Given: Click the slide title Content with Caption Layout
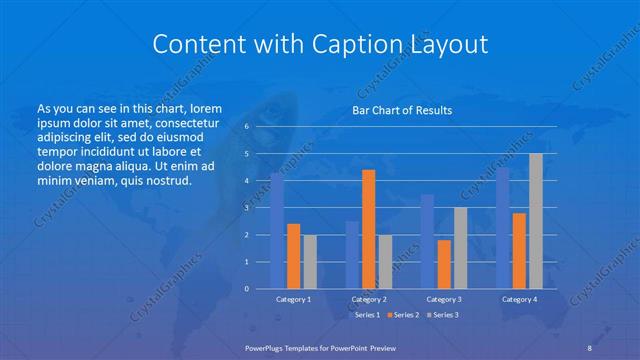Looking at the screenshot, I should pyautogui.click(x=320, y=44).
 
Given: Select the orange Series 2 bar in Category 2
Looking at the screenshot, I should pyautogui.click(x=368, y=229).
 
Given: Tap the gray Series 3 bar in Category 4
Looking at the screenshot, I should pyautogui.click(x=535, y=221).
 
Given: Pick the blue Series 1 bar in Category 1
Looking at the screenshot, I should pyautogui.click(x=277, y=231).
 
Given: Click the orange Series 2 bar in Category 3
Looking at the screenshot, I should pyautogui.click(x=443, y=264).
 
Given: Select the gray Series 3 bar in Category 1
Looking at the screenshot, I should pyautogui.click(x=309, y=262).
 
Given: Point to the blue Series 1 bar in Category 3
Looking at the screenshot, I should pyautogui.click(x=427, y=241).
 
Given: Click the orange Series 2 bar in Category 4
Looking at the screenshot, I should pyautogui.click(x=519, y=251).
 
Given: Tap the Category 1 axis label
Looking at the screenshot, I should pyautogui.click(x=293, y=299).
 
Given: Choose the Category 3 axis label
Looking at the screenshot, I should pyautogui.click(x=443, y=299).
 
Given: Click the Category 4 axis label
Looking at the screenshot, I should pyautogui.click(x=518, y=299).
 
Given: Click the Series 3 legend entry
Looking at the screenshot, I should pyautogui.click(x=446, y=315).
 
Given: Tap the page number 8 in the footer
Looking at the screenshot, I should pyautogui.click(x=590, y=347).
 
